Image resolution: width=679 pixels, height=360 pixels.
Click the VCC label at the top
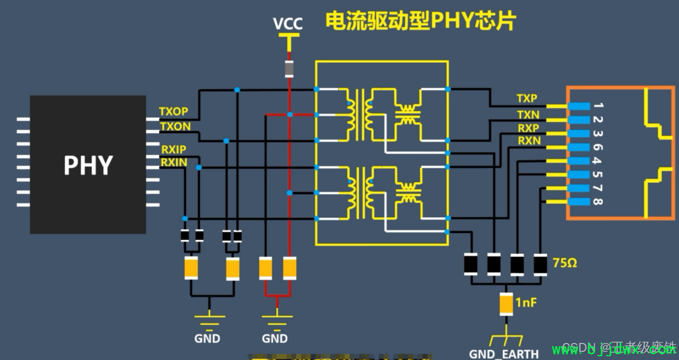[288, 24]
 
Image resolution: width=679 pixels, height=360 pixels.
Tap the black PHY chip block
[88, 165]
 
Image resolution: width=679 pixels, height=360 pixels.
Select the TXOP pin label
[174, 112]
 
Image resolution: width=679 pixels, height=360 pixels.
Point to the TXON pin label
[175, 126]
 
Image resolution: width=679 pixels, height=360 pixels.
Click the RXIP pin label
[174, 150]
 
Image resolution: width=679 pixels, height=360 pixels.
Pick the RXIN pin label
[174, 163]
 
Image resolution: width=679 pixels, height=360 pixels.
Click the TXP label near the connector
[527, 99]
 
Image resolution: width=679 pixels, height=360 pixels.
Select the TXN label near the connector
[527, 114]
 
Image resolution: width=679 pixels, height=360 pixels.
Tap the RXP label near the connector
[528, 128]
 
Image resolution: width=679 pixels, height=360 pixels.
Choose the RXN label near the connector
[529, 141]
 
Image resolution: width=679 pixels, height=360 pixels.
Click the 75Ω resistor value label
[564, 263]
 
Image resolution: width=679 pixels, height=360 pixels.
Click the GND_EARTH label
[504, 353]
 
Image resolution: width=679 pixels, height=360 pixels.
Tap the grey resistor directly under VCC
[289, 68]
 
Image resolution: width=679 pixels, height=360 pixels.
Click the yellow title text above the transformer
[420, 21]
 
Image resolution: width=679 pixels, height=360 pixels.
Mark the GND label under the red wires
[275, 339]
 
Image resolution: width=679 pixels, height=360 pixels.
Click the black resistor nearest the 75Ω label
[540, 264]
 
